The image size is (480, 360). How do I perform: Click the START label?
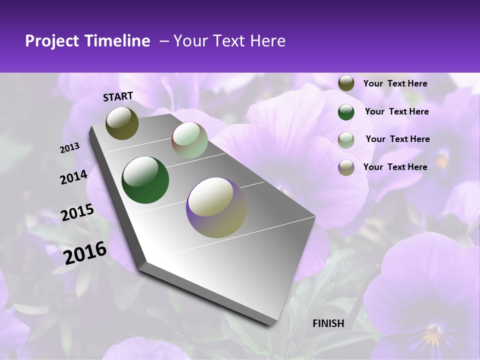(118, 96)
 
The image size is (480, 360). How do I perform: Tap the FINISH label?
(328, 323)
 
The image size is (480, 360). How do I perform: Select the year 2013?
(70, 148)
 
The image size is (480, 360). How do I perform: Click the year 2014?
(74, 177)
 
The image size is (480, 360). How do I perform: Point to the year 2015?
(77, 212)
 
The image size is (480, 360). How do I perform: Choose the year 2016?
(85, 252)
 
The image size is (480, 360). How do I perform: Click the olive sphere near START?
(122, 123)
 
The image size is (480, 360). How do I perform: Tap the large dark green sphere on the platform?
(145, 180)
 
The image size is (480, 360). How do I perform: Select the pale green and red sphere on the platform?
(189, 140)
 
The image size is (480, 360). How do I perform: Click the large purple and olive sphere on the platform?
(216, 207)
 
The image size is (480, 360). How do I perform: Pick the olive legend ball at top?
(346, 83)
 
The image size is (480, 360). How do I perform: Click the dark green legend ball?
(346, 112)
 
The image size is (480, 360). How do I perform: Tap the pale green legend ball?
(346, 139)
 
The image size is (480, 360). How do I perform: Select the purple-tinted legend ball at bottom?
(346, 167)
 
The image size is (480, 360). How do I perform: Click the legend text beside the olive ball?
(395, 83)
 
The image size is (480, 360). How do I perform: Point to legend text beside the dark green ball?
(397, 111)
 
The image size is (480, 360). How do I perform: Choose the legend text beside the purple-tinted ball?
(395, 167)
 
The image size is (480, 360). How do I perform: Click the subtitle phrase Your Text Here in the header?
(229, 41)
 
